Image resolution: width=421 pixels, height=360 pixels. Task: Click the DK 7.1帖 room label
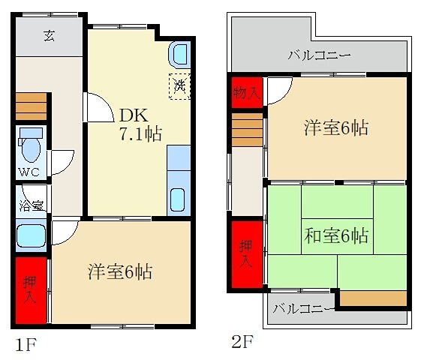click(x=140, y=125)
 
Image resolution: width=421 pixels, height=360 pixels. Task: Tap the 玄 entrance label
click(x=49, y=35)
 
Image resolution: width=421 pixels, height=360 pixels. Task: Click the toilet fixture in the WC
click(x=30, y=145)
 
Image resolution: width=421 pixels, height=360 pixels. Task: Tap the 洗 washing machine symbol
click(x=179, y=87)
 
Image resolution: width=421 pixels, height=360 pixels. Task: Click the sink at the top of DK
click(x=179, y=54)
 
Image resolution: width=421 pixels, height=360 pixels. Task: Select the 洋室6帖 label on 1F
click(x=120, y=271)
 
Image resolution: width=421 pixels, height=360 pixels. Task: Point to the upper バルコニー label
click(x=319, y=55)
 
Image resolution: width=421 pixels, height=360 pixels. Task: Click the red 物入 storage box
click(x=246, y=93)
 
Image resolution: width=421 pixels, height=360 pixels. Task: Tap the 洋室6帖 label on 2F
click(x=335, y=127)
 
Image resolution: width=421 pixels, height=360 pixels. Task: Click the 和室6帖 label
click(x=335, y=235)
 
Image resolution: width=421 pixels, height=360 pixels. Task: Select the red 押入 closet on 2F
click(x=246, y=255)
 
